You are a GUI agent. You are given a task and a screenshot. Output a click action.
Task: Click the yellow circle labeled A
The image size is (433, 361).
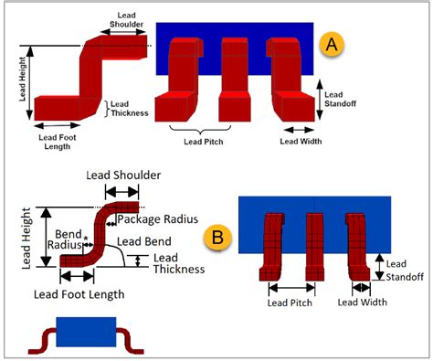[331, 43]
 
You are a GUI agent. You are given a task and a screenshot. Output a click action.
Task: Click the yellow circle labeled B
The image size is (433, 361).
[217, 237]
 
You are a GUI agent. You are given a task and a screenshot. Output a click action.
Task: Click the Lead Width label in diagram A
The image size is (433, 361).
[301, 142]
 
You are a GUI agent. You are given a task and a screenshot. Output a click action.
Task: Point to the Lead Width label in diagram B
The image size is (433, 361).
[363, 302]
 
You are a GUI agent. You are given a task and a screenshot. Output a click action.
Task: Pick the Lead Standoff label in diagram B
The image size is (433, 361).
[397, 270]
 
